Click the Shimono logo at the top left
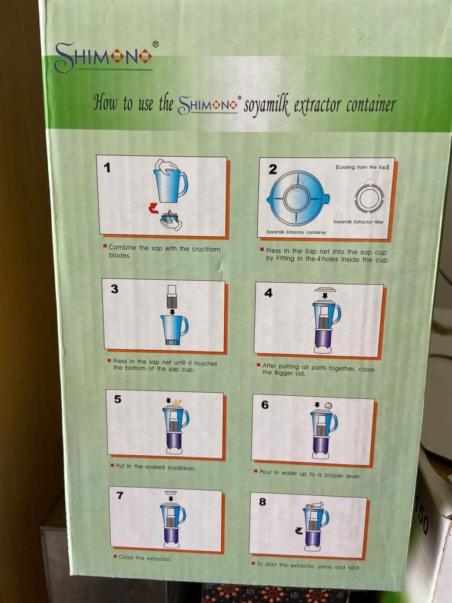(103, 57)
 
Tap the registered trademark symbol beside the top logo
(155, 44)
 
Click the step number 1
(107, 168)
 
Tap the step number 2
(272, 169)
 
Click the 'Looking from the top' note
(362, 167)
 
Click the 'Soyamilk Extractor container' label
(296, 232)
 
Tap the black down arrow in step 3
(172, 311)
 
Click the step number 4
(268, 293)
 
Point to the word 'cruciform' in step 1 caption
(206, 249)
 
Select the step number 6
(265, 405)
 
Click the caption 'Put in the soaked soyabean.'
(155, 467)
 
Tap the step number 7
(119, 495)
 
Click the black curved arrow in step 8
(298, 532)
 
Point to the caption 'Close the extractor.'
(144, 558)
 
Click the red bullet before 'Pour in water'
(255, 471)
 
